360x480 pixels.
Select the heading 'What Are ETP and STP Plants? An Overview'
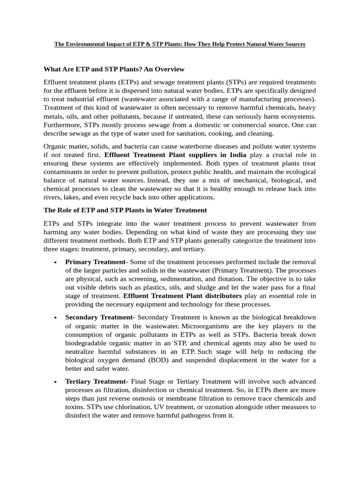(114, 69)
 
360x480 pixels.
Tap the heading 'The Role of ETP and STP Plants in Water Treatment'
(125, 210)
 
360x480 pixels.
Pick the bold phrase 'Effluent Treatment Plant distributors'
(182, 296)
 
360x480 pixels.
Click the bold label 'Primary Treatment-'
(93, 262)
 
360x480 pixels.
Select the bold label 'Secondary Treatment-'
(100, 317)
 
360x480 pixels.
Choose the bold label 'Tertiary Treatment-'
(96, 382)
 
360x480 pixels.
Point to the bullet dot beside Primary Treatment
(56, 262)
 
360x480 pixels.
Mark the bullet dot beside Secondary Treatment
(56, 318)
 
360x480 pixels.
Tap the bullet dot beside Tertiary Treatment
(56, 382)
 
